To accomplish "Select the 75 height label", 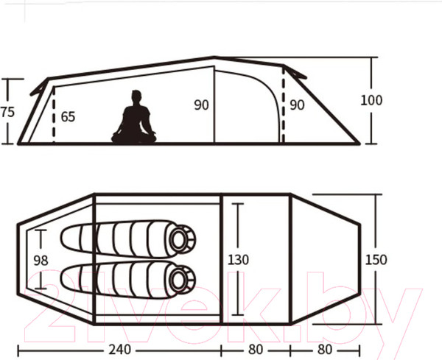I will [7, 113].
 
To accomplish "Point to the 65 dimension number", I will [68, 116].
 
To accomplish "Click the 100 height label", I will [372, 100].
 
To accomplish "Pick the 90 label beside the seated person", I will [201, 105].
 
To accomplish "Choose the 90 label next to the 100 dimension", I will [296, 105].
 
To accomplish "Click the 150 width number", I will [375, 260].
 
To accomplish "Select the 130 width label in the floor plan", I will [238, 260].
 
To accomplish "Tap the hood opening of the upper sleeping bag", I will [178, 239].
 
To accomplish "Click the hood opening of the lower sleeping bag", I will [178, 279].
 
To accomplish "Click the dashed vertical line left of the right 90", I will [283, 110].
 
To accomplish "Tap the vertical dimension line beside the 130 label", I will [238, 228].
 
